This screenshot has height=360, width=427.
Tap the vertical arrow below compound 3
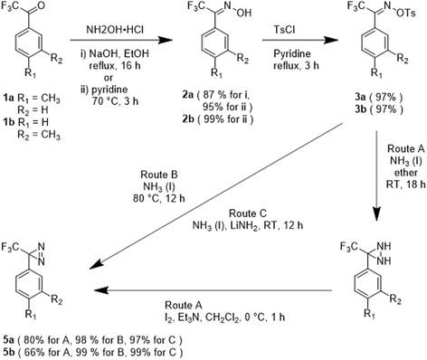click(378, 180)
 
